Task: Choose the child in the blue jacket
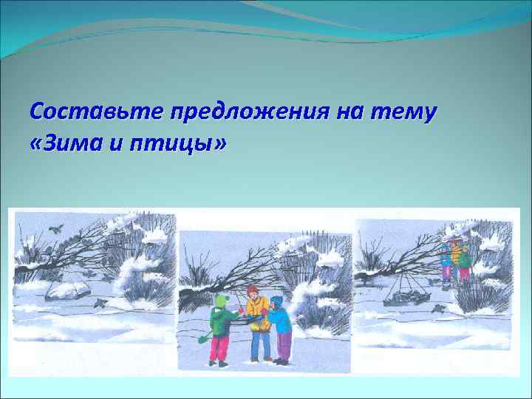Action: pyautogui.click(x=280, y=329)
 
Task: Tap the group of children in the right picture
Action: pyautogui.click(x=454, y=259)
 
